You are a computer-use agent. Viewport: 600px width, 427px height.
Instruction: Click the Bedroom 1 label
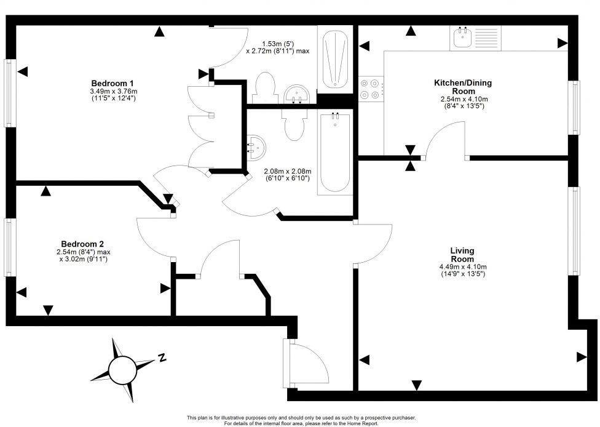pyautogui.click(x=112, y=83)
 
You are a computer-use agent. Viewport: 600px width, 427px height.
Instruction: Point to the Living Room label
pyautogui.click(x=462, y=255)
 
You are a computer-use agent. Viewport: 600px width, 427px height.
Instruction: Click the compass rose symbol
pyautogui.click(x=121, y=369)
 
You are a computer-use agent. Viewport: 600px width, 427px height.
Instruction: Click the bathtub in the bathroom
pyautogui.click(x=335, y=152)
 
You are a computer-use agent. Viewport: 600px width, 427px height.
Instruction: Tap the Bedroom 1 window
pyautogui.click(x=9, y=92)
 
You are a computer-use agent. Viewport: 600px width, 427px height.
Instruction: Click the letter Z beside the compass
pyautogui.click(x=162, y=357)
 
